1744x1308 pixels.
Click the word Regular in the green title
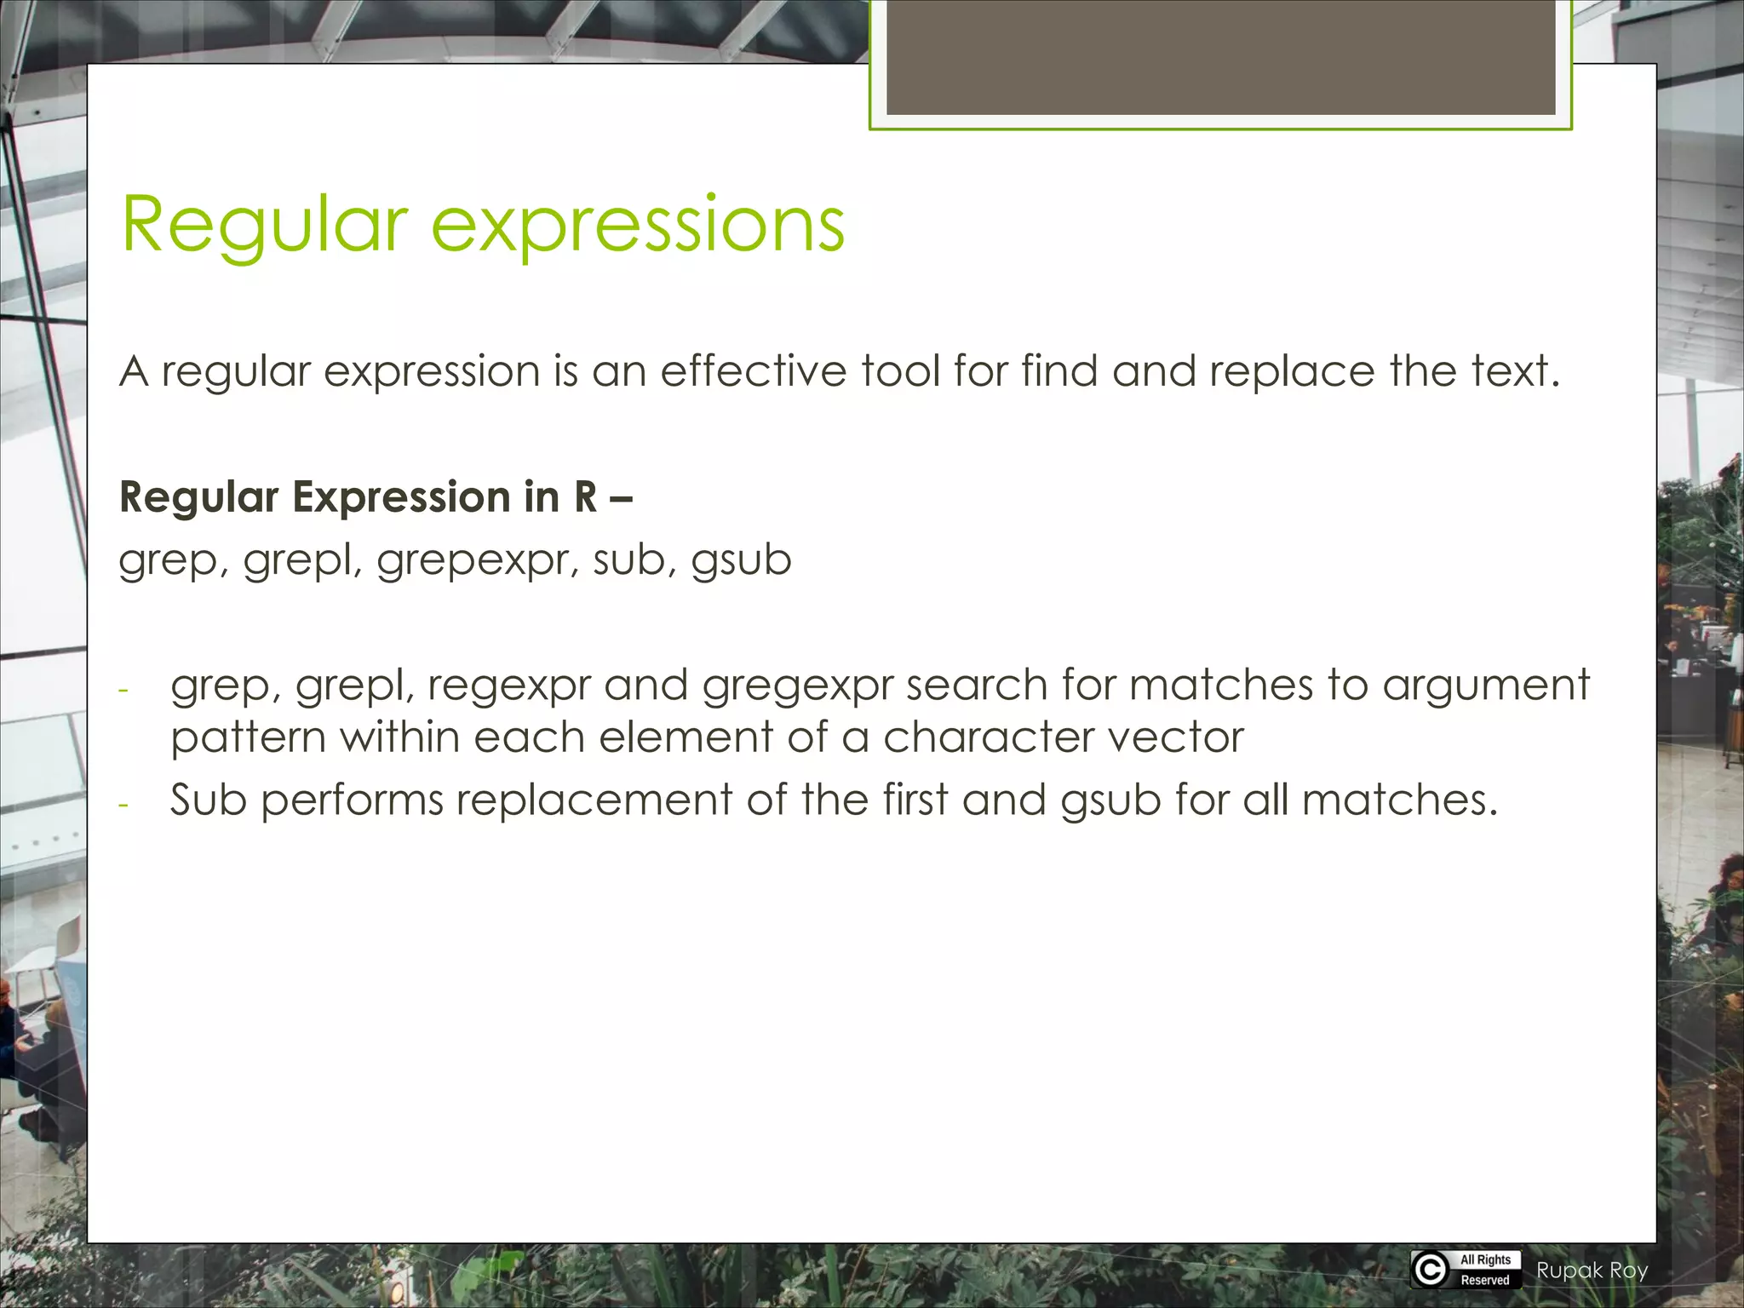pyautogui.click(x=264, y=226)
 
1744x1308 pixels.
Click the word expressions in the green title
pyautogui.click(x=638, y=226)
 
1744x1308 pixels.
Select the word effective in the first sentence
pyautogui.click(x=753, y=372)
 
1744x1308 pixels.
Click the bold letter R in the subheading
pyautogui.click(x=585, y=496)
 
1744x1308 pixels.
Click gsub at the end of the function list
pyautogui.click(x=741, y=561)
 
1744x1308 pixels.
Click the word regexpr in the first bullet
pyautogui.click(x=508, y=686)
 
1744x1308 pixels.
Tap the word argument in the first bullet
pyautogui.click(x=1485, y=686)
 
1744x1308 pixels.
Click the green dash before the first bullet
pyautogui.click(x=123, y=689)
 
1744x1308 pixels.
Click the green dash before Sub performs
pyautogui.click(x=123, y=804)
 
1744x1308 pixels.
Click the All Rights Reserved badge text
pyautogui.click(x=1485, y=1270)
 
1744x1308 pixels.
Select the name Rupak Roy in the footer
pyautogui.click(x=1592, y=1271)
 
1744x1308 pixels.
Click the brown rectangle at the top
pyautogui.click(x=1220, y=57)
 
